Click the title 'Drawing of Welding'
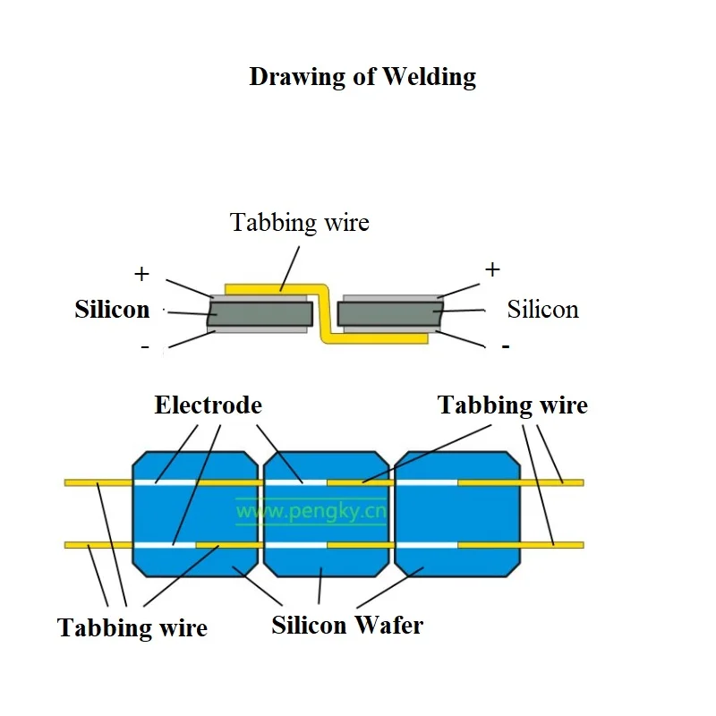[x=362, y=77]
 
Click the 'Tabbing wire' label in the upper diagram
[x=299, y=222]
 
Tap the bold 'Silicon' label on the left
[x=112, y=310]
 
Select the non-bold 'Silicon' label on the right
[x=542, y=310]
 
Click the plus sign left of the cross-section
[x=141, y=273]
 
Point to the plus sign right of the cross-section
[x=491, y=268]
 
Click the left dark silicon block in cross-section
[x=260, y=314]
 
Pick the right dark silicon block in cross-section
[x=389, y=314]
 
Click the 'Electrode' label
[x=208, y=405]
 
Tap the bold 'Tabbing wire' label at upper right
[x=512, y=405]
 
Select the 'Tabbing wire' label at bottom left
[x=132, y=627]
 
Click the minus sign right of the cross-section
[x=506, y=345]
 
